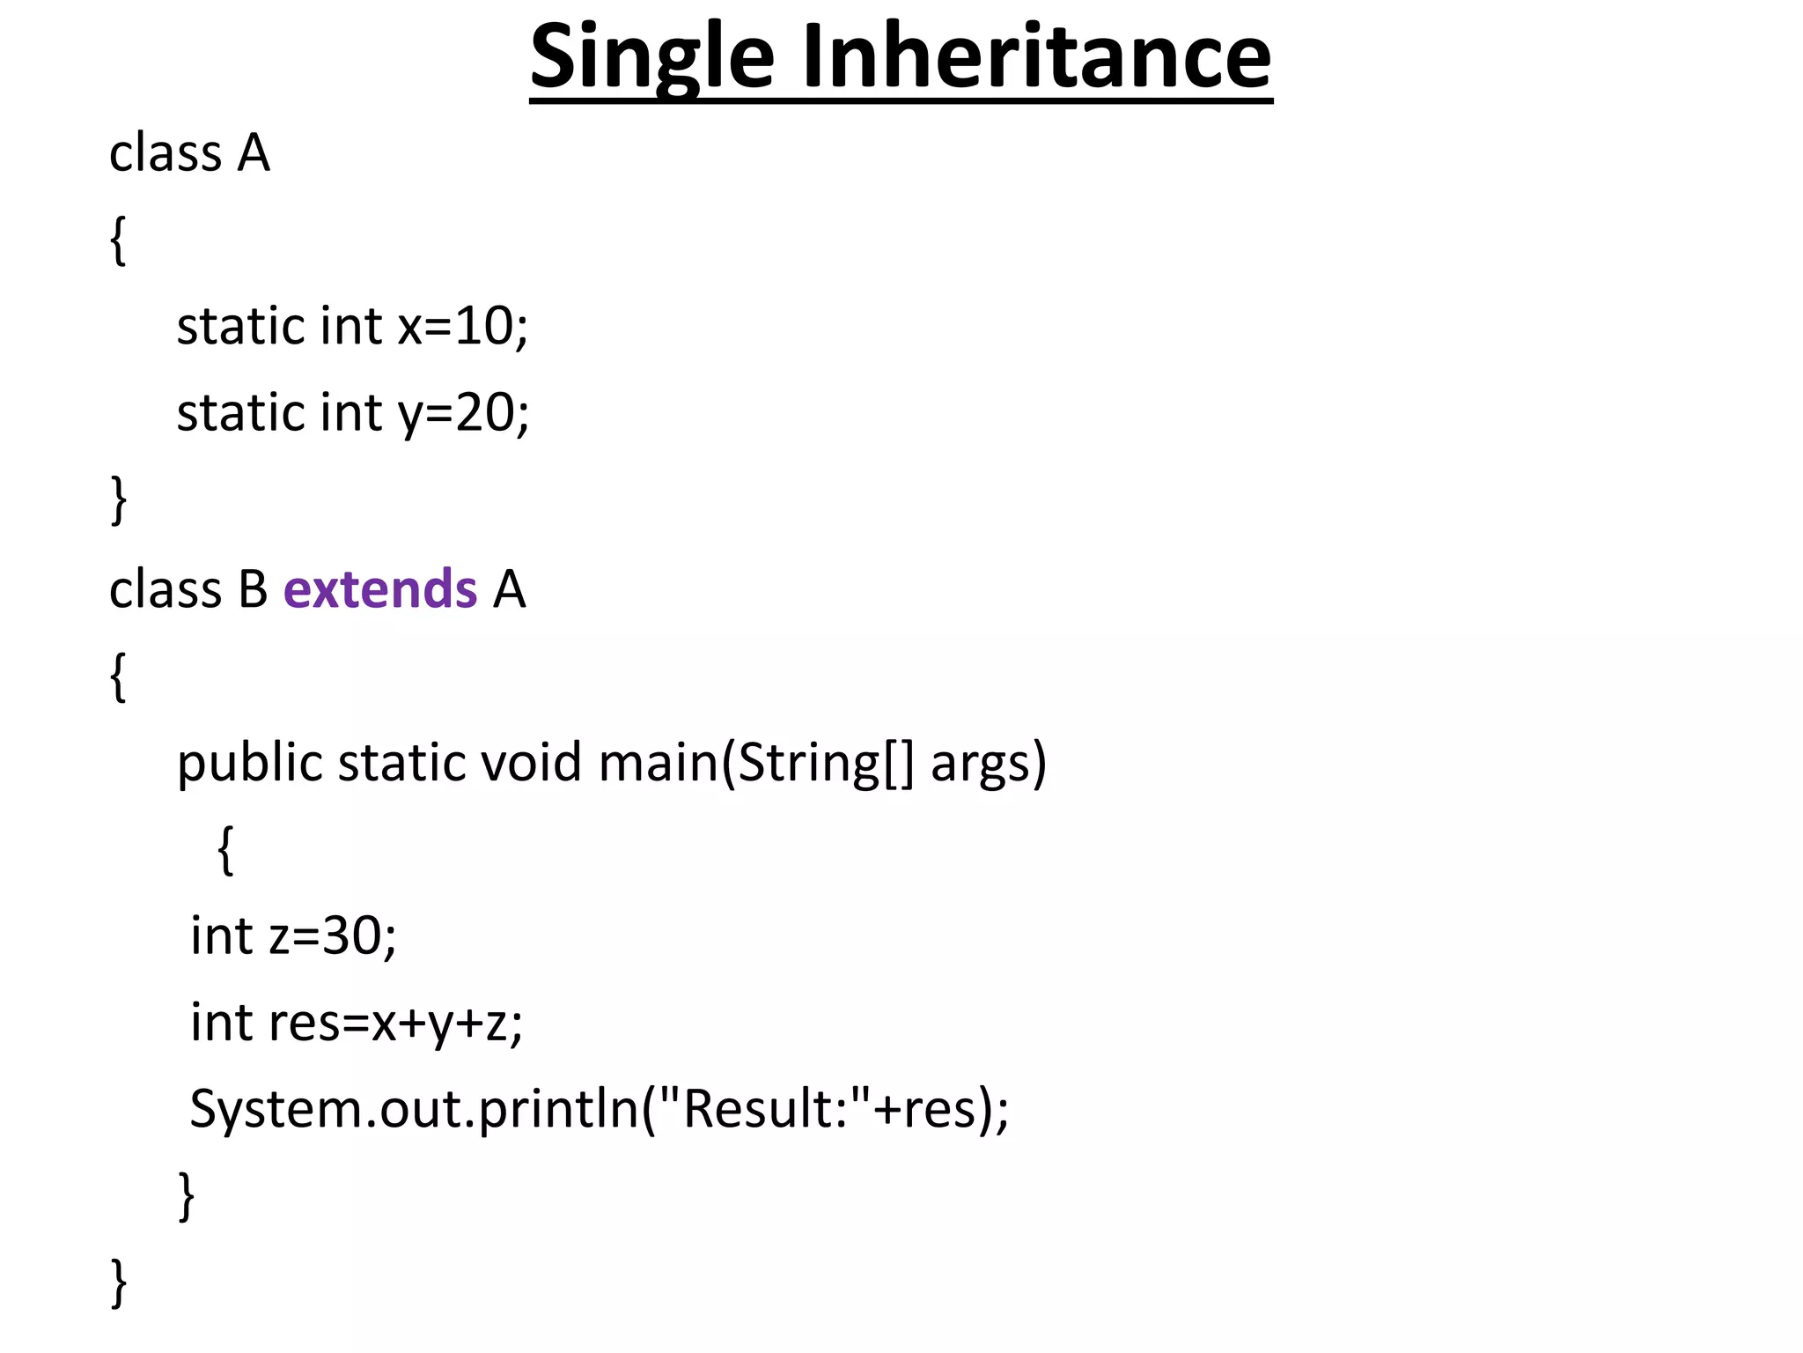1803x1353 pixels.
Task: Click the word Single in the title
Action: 651,58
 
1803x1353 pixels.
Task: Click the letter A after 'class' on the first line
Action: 253,153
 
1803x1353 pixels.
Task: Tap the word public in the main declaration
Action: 250,763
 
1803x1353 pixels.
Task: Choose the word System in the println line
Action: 276,1108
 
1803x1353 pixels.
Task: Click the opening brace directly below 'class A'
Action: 118,240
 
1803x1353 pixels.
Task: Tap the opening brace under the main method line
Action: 225,849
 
